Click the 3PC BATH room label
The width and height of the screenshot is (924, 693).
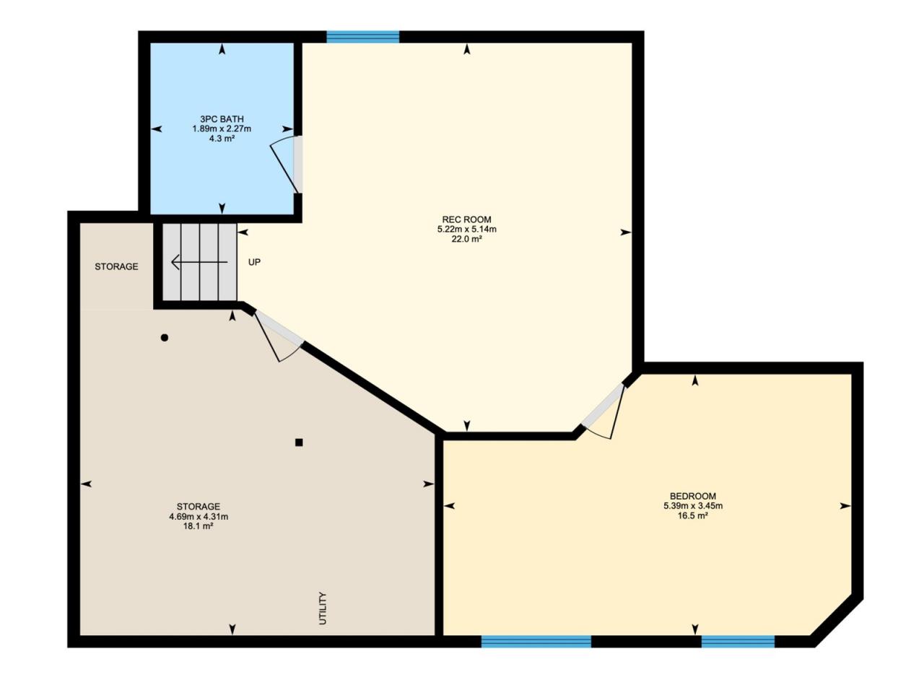pyautogui.click(x=222, y=119)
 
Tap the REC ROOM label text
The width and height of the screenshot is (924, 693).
pyautogui.click(x=466, y=219)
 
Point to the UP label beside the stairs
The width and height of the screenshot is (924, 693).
pyautogui.click(x=254, y=262)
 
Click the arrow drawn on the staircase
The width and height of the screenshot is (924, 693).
pyautogui.click(x=199, y=262)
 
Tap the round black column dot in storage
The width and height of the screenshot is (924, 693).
pyautogui.click(x=165, y=337)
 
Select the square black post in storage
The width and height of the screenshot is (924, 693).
pyautogui.click(x=299, y=443)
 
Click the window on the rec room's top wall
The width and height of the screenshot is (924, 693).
pyautogui.click(x=363, y=37)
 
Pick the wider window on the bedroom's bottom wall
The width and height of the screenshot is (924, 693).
pyautogui.click(x=536, y=641)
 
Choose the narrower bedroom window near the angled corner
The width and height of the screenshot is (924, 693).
pyautogui.click(x=738, y=641)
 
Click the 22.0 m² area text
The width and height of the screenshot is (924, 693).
pyautogui.click(x=466, y=239)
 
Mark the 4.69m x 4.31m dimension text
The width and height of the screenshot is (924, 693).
pyautogui.click(x=199, y=516)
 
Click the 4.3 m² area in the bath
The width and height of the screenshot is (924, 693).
pyautogui.click(x=222, y=138)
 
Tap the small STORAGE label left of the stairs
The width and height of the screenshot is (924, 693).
pyautogui.click(x=116, y=266)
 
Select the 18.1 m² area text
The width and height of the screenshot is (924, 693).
pyautogui.click(x=199, y=526)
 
